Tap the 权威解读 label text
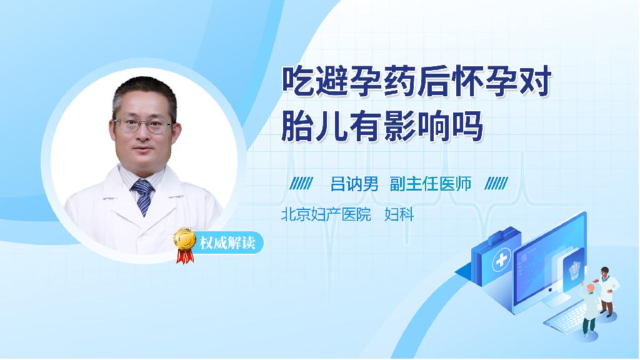click(227, 243)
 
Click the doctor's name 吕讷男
click(354, 184)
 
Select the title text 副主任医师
click(431, 184)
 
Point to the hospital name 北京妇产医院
click(326, 214)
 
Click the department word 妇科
click(399, 214)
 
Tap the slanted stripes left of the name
click(301, 184)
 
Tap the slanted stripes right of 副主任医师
click(496, 184)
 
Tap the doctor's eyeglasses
click(143, 125)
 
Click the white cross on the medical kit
click(501, 260)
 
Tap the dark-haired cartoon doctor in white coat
click(606, 291)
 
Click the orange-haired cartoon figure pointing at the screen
click(589, 308)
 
